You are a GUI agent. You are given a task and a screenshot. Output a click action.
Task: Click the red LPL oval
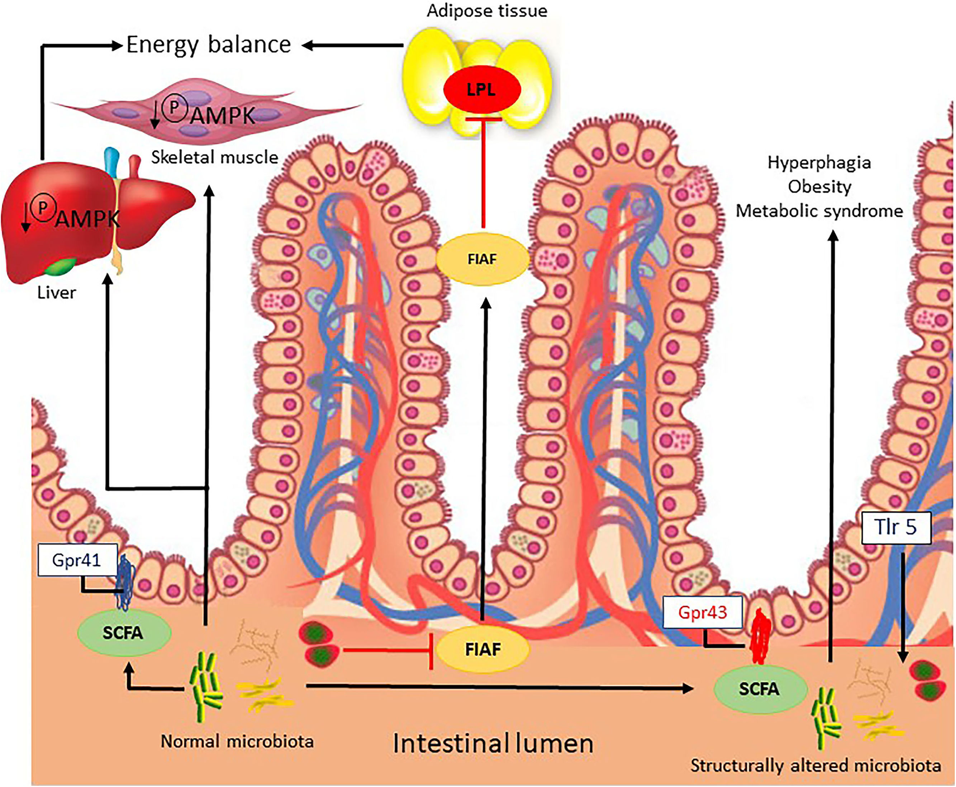click(x=481, y=90)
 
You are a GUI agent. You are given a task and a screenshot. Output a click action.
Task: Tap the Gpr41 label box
click(x=77, y=560)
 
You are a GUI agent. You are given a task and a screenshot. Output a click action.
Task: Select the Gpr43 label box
click(x=703, y=612)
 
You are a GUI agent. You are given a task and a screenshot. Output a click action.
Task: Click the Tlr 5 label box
click(x=895, y=527)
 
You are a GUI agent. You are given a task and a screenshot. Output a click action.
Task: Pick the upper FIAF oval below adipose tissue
click(x=482, y=259)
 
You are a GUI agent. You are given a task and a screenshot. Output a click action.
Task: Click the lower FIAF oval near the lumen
click(x=483, y=649)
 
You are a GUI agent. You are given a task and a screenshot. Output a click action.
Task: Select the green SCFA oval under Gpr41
click(x=124, y=632)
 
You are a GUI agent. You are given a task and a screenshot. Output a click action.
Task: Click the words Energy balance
click(x=209, y=45)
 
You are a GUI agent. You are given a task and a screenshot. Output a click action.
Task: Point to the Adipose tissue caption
click(x=487, y=11)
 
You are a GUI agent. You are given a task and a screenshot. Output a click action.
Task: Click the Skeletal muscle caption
click(x=214, y=157)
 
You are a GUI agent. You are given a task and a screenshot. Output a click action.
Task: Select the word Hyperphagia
click(x=819, y=162)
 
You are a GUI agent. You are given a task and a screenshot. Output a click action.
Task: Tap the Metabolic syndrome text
click(x=819, y=211)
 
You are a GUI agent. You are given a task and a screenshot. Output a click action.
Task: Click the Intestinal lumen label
click(x=493, y=744)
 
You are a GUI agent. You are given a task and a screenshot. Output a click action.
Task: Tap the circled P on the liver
click(x=43, y=208)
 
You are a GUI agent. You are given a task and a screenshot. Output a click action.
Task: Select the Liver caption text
click(x=56, y=293)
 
